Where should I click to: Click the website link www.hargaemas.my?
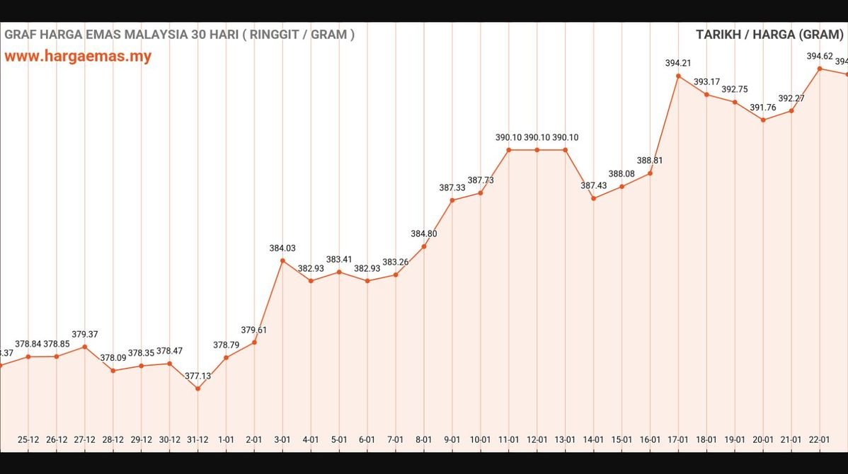[x=78, y=57]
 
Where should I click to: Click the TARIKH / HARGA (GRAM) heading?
[x=770, y=34]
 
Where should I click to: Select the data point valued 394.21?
[x=678, y=76]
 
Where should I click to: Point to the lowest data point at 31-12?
[x=197, y=388]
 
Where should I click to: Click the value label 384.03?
[x=282, y=248]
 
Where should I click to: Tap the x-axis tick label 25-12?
[x=28, y=439]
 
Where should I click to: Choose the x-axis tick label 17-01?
[x=678, y=439]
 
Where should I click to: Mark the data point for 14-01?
[x=593, y=199]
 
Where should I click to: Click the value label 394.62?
[x=820, y=56]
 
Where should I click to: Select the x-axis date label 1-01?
[x=226, y=439]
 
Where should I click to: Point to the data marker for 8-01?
[x=424, y=247]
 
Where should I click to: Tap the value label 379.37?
[x=85, y=335]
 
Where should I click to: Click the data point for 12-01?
[x=537, y=150]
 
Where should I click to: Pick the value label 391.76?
[x=763, y=108]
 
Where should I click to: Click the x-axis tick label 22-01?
[x=820, y=439]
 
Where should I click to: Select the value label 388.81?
[x=650, y=161]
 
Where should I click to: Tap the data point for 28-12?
[x=113, y=371]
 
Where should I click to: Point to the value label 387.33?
[x=452, y=187]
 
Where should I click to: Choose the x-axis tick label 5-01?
[x=339, y=439]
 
